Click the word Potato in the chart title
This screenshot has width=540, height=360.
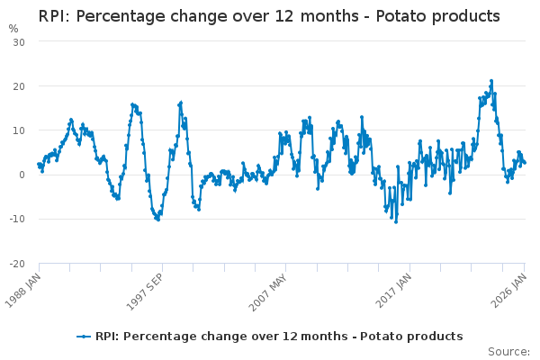point(389,17)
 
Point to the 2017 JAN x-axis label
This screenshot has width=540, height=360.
point(396,290)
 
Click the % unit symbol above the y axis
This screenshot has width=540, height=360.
point(13,29)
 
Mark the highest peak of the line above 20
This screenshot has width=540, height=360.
point(491,81)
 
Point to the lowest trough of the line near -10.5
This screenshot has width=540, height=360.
point(395,221)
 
